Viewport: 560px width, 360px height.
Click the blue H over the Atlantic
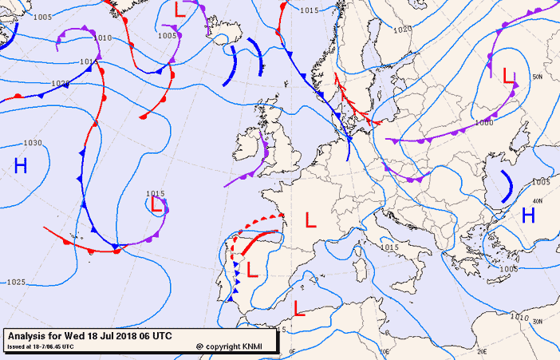[x=21, y=166]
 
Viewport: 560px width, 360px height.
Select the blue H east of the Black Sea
[x=528, y=215]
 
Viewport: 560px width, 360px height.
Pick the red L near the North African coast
[x=298, y=307]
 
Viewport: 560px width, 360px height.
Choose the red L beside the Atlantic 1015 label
[x=157, y=204]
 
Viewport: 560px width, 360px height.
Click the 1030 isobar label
[x=32, y=143]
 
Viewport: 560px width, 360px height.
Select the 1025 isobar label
[x=15, y=283]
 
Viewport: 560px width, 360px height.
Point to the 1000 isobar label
[x=483, y=123]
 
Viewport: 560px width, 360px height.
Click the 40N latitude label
[x=537, y=200]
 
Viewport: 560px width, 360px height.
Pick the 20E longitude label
[x=482, y=350]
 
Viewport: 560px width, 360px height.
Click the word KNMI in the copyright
[x=254, y=346]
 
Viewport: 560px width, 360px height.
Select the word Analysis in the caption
[x=29, y=335]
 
